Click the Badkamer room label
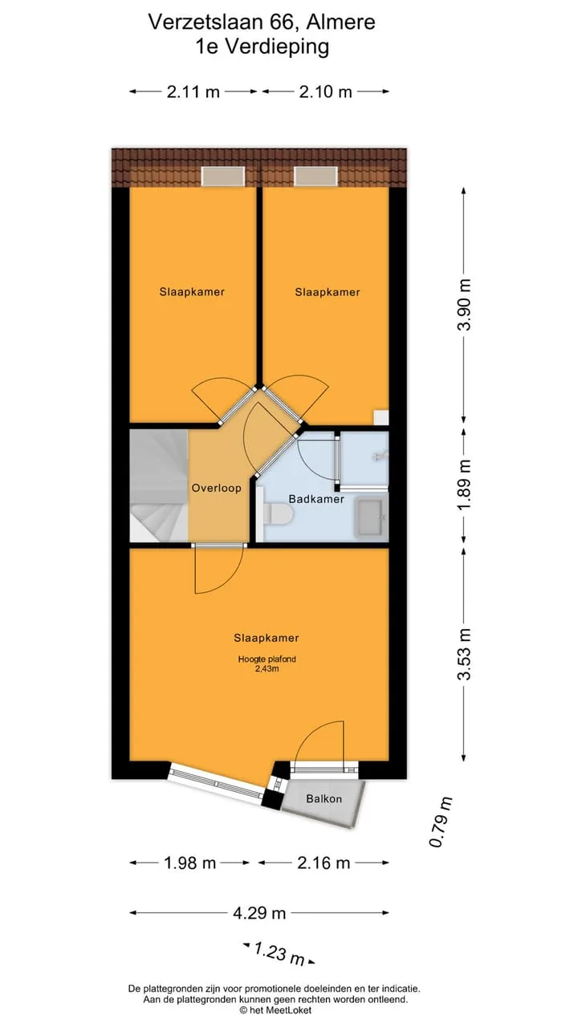tap(316, 499)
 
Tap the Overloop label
tap(217, 488)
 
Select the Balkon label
tap(324, 798)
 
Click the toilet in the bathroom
tap(278, 515)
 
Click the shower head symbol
tap(381, 456)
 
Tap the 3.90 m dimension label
tap(465, 304)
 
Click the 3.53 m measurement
tap(465, 654)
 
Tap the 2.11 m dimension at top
tap(193, 92)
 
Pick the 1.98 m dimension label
tap(190, 863)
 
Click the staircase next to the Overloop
tap(159, 486)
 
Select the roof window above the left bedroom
tap(223, 176)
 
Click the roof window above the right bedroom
tap(315, 176)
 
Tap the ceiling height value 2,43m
tap(267, 669)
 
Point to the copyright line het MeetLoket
tap(275, 1010)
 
